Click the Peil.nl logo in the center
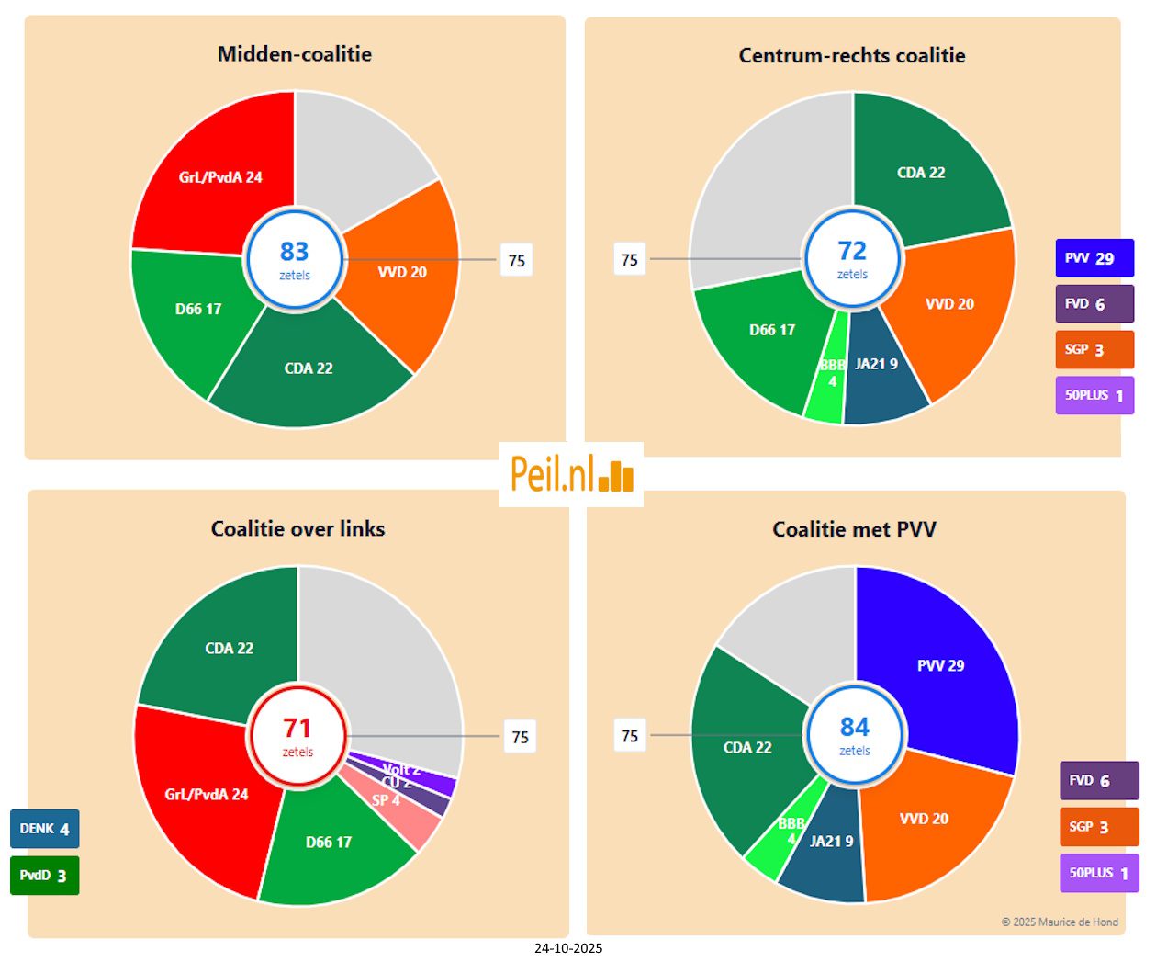(571, 474)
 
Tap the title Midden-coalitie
(295, 54)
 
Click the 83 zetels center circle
(295, 260)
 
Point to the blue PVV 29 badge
(1094, 258)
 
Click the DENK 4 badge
(44, 829)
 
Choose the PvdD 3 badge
(44, 875)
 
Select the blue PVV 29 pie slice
(941, 666)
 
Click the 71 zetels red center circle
(297, 736)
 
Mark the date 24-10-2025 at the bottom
(568, 948)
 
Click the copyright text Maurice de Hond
(1060, 922)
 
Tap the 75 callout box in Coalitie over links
(520, 737)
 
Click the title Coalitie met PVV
(854, 529)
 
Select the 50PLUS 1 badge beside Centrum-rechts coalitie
(1094, 396)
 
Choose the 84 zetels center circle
(855, 735)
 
